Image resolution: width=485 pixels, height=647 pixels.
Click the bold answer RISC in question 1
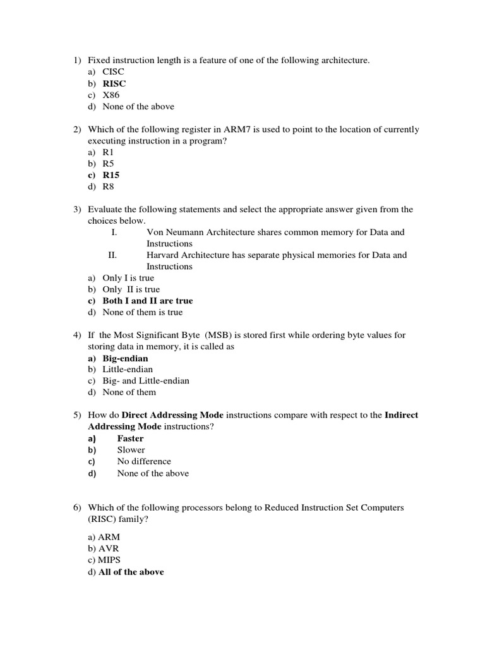(x=114, y=83)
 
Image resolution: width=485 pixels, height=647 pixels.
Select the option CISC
(x=114, y=72)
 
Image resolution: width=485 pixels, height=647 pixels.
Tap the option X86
(x=111, y=95)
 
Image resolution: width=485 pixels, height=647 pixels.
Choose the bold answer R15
(x=111, y=175)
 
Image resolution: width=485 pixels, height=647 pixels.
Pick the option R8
(x=109, y=186)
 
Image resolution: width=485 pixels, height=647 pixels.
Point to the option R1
(x=109, y=152)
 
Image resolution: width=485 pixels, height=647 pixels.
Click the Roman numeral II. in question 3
(x=113, y=255)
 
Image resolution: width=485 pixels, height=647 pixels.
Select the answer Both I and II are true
(x=148, y=301)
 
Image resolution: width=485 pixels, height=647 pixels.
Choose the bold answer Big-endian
(x=125, y=358)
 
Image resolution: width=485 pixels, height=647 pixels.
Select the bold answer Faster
(x=131, y=438)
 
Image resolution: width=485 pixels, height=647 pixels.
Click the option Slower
(x=131, y=450)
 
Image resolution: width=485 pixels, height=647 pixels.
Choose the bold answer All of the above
(x=131, y=572)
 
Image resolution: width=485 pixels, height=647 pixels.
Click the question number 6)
(x=77, y=507)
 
